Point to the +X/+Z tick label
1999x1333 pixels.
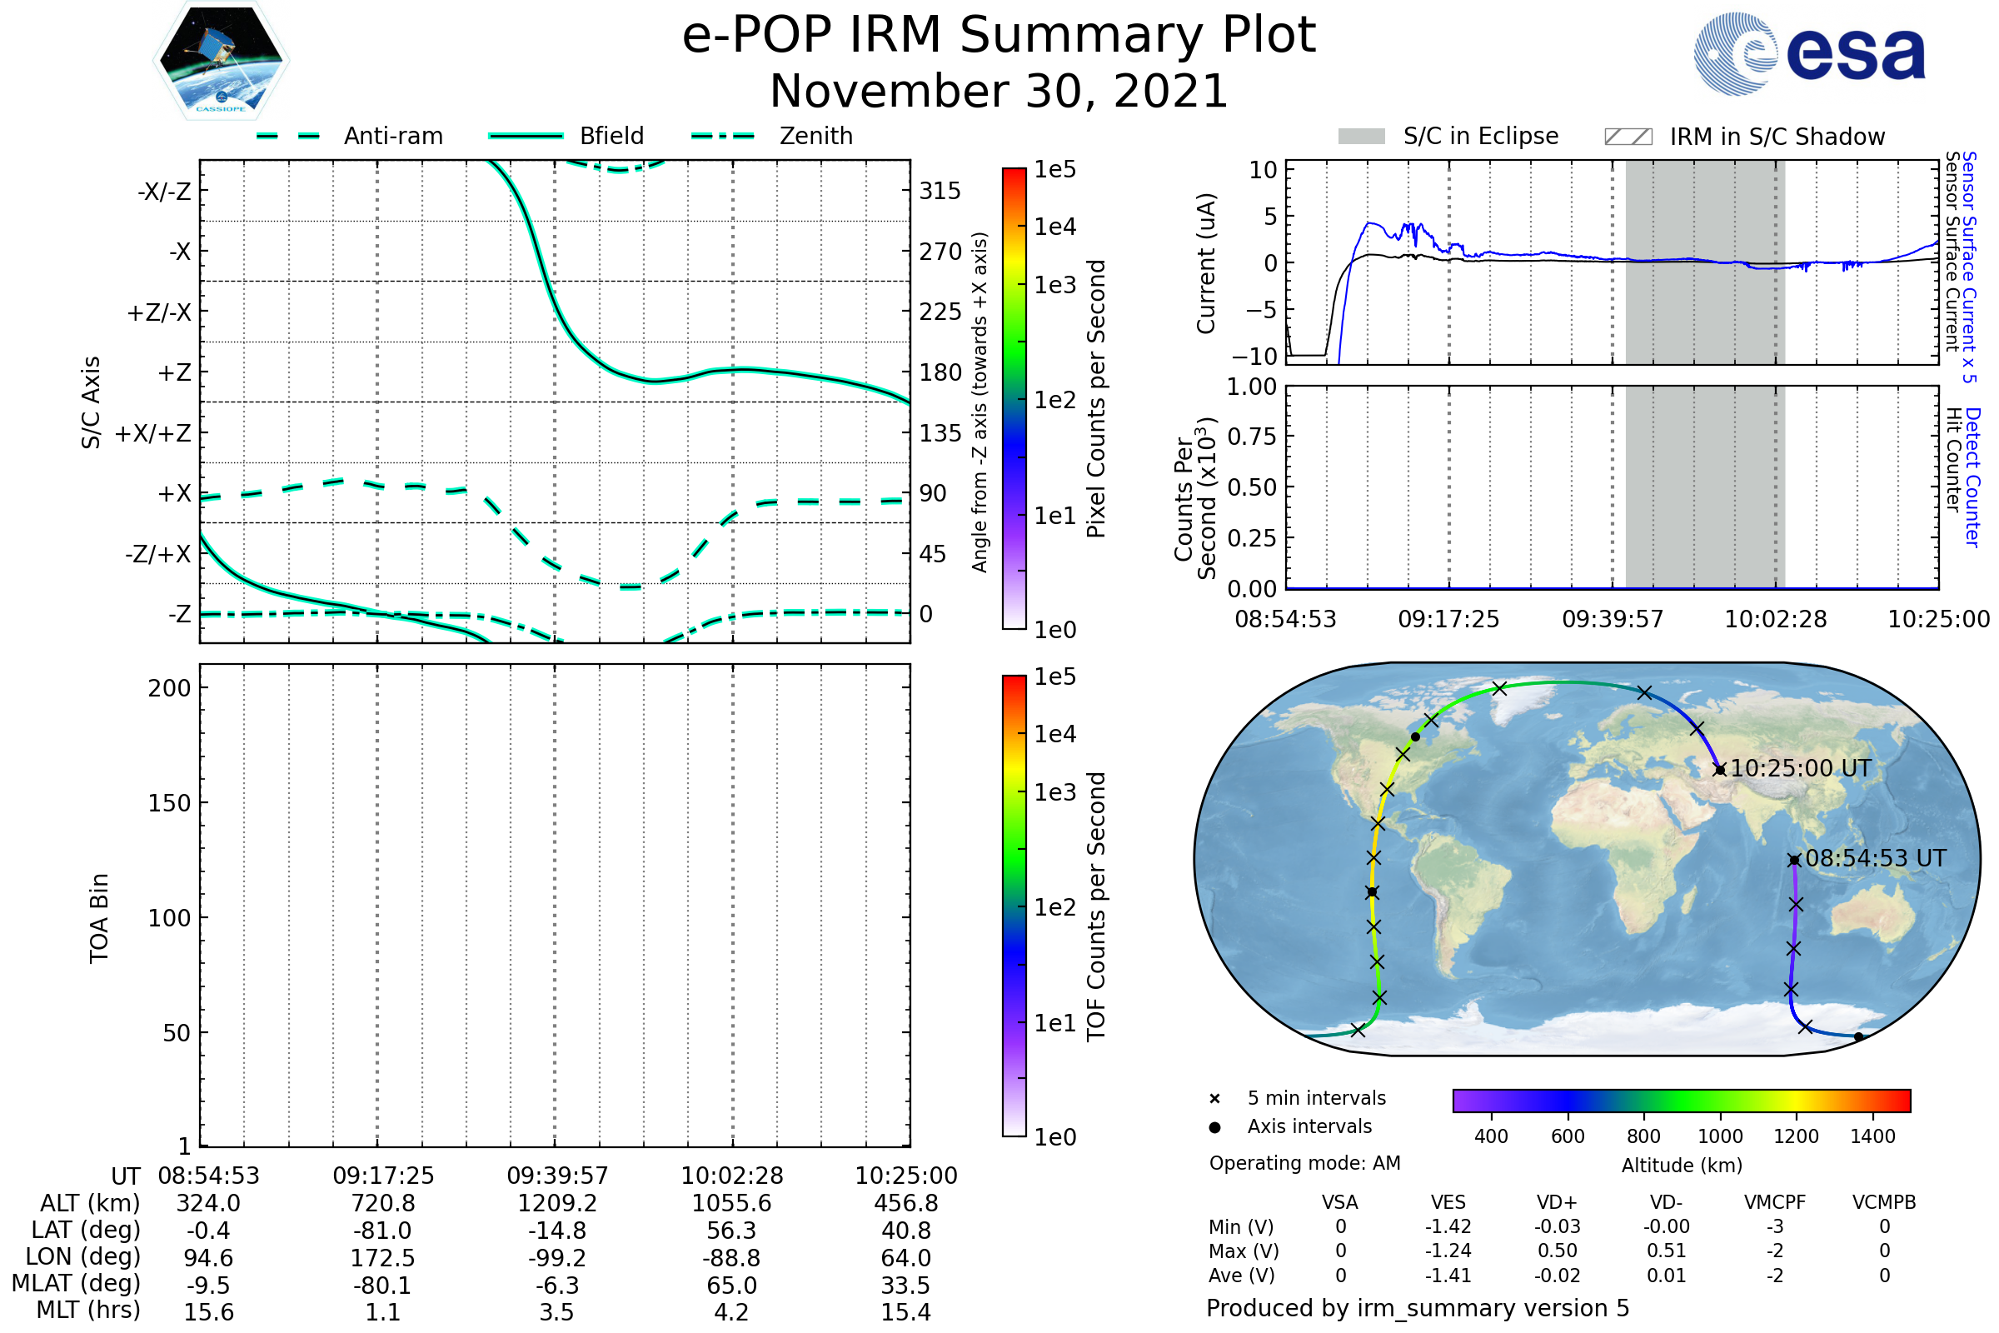click(153, 433)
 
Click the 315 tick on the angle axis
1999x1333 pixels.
click(940, 191)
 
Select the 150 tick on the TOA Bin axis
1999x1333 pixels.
click(169, 802)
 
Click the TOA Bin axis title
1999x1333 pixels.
click(98, 917)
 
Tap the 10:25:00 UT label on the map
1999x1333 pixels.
click(1800, 768)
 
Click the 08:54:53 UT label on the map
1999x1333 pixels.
click(1875, 859)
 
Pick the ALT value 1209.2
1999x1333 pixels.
click(556, 1203)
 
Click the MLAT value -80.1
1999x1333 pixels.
click(382, 1285)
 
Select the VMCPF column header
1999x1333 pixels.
click(1774, 1202)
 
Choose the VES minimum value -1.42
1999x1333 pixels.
click(1448, 1226)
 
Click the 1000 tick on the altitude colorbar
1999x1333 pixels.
click(1719, 1136)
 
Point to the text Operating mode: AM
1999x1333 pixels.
click(1304, 1163)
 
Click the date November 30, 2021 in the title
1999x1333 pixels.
click(999, 92)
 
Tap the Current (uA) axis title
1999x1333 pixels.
click(1206, 262)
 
